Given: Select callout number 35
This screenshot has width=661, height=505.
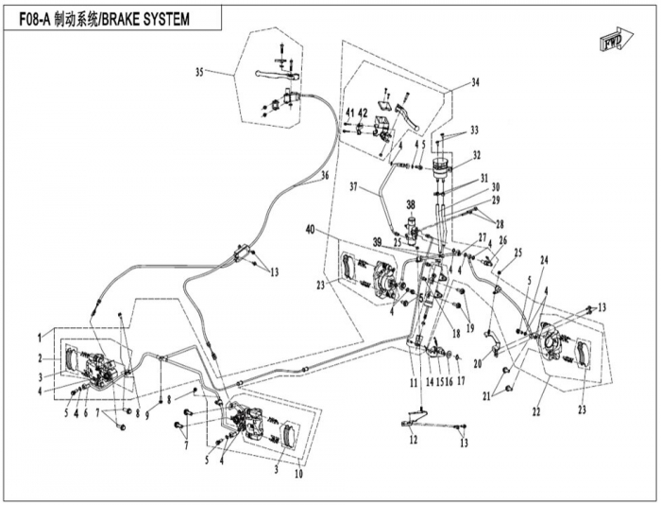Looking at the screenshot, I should pyautogui.click(x=199, y=72).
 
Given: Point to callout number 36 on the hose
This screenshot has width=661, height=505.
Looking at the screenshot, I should pyautogui.click(x=324, y=176).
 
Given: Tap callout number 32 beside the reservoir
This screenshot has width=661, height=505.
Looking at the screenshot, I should pyautogui.click(x=477, y=155).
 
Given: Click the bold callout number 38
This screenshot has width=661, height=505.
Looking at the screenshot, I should pyautogui.click(x=411, y=204).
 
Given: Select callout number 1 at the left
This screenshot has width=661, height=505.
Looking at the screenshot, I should pyautogui.click(x=41, y=336).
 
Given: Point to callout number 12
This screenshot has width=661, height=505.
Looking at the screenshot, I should pyautogui.click(x=412, y=441).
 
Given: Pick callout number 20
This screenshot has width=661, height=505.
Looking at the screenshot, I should pyautogui.click(x=477, y=363).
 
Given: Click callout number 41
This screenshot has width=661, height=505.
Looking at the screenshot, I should pyautogui.click(x=348, y=114).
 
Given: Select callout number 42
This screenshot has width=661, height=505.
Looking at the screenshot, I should pyautogui.click(x=363, y=114).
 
